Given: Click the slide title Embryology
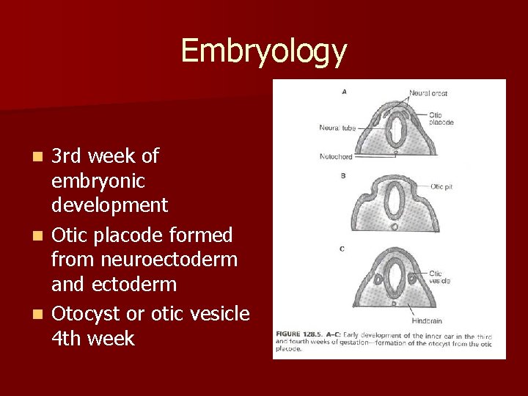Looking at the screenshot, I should click(x=263, y=51).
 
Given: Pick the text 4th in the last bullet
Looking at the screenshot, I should click(x=66, y=339).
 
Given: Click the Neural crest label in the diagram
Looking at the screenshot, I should click(x=428, y=94).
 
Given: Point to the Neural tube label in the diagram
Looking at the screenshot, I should click(x=337, y=128).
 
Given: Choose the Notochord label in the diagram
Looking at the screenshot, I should click(x=336, y=156).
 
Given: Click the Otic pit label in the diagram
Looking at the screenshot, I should click(x=441, y=187).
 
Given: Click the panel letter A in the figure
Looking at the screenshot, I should click(x=345, y=92).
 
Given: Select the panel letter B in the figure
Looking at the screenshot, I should click(x=343, y=176).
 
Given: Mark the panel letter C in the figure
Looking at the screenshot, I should click(x=342, y=249).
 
